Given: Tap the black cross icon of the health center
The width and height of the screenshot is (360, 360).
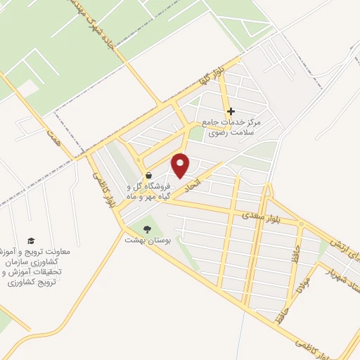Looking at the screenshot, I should pyautogui.click(x=231, y=111).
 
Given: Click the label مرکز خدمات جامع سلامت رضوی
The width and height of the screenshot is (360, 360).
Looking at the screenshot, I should pyautogui.click(x=231, y=127).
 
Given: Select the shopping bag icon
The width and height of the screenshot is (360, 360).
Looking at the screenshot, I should pyautogui.click(x=148, y=175).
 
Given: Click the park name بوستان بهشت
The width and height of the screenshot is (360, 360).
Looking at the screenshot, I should pyautogui.click(x=143, y=240).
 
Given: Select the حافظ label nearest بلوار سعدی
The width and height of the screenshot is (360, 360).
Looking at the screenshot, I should pyautogui.click(x=300, y=249).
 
